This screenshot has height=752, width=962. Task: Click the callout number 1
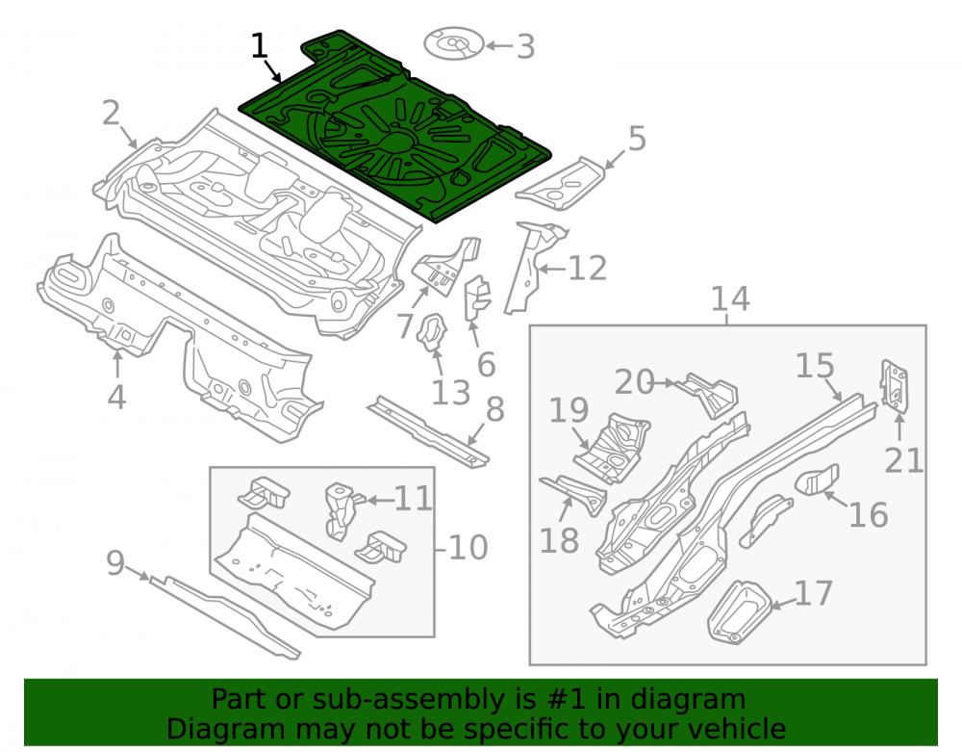[x=260, y=46]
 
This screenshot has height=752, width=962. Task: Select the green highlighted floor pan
[x=392, y=126]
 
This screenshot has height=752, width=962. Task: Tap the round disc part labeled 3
[x=453, y=43]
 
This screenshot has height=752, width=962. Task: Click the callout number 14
[x=730, y=298]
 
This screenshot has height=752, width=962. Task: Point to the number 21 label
[x=903, y=460]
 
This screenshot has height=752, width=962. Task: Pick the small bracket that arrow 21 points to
[x=894, y=385]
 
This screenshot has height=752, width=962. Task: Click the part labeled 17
[x=739, y=612]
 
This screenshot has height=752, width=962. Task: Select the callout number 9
[x=115, y=563]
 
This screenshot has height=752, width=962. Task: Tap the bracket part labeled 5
[x=560, y=184]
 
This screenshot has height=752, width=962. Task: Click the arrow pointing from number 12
[x=552, y=269]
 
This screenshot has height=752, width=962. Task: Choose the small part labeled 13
[x=432, y=333]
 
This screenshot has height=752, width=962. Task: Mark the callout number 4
[x=116, y=397]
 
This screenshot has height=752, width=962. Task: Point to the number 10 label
[x=468, y=547]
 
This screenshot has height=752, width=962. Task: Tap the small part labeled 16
[x=817, y=480]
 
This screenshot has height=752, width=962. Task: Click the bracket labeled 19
[x=612, y=448]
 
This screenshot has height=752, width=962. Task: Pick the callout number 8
[x=495, y=409]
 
